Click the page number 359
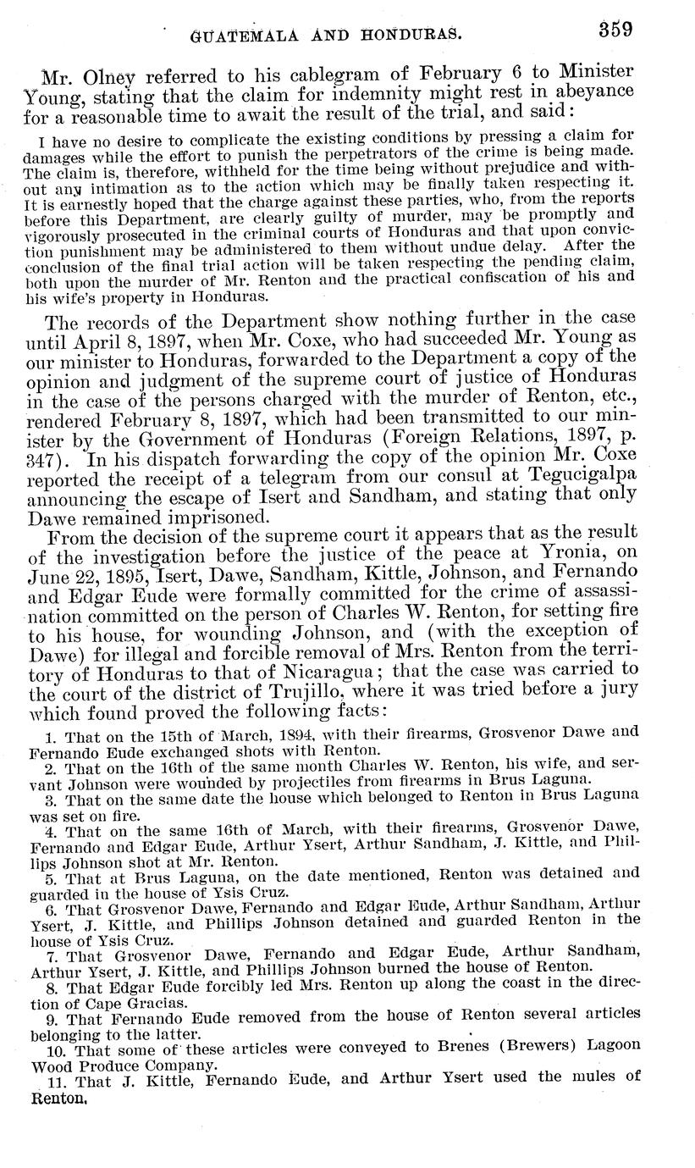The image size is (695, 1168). click(x=615, y=30)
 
